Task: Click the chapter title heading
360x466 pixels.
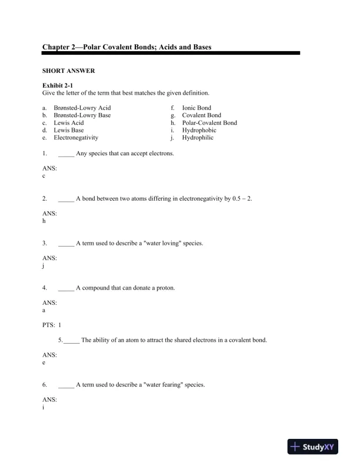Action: coord(127,46)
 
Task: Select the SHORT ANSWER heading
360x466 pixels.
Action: coord(69,71)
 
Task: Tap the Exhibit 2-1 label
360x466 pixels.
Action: coord(58,85)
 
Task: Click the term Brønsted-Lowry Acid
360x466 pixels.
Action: coord(82,108)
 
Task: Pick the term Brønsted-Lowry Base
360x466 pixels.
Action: coord(82,115)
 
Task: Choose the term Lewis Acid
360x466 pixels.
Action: coord(69,123)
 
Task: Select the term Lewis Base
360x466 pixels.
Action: coord(69,130)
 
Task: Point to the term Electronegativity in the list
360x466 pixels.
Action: coord(76,138)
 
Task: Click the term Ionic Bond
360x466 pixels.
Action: coord(196,108)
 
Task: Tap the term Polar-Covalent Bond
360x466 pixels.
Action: coord(209,123)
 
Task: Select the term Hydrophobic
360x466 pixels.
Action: coord(199,130)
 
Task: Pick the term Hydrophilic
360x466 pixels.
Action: coord(198,138)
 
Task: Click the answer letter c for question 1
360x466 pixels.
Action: coord(44,176)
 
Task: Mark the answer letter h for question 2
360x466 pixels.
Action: coord(44,221)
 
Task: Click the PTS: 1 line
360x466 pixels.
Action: coord(52,325)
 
